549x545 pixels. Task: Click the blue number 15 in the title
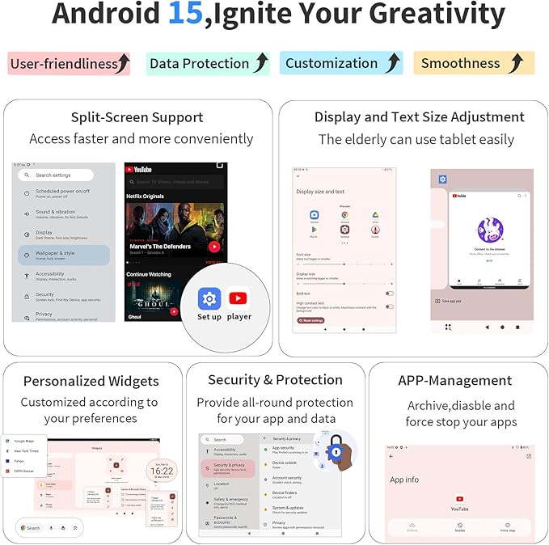(x=184, y=15)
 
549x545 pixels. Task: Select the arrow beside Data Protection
(x=261, y=63)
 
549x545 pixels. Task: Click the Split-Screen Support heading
(x=137, y=117)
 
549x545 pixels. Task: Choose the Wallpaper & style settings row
(x=64, y=256)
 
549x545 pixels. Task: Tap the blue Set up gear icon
(x=209, y=298)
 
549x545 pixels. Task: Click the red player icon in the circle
(x=239, y=298)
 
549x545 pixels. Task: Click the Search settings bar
(x=57, y=175)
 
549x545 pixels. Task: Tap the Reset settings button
(x=311, y=320)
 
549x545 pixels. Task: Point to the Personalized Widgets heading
(x=91, y=381)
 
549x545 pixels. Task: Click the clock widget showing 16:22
(x=161, y=471)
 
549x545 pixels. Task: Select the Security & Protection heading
(x=275, y=379)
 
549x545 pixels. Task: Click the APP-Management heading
(x=455, y=381)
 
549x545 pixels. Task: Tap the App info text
(x=405, y=480)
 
